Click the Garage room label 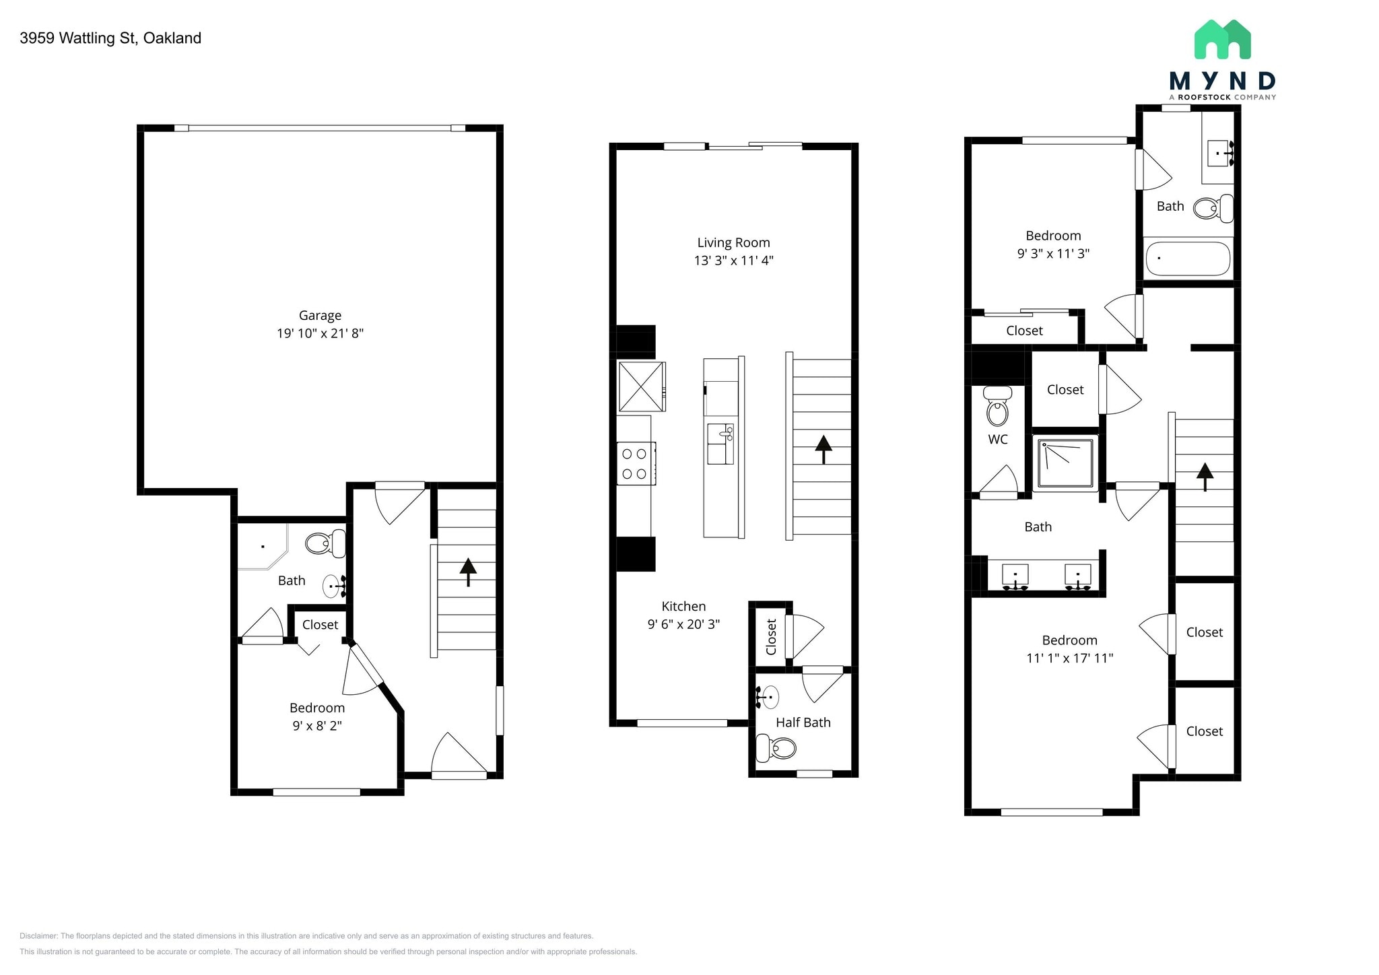pyautogui.click(x=320, y=315)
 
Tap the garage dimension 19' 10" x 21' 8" pyautogui.click(x=320, y=333)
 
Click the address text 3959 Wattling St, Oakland pyautogui.click(x=110, y=38)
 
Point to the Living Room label pyautogui.click(x=733, y=242)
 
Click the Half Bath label pyautogui.click(x=803, y=722)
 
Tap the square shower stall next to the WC pyautogui.click(x=1065, y=463)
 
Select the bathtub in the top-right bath pyautogui.click(x=1188, y=259)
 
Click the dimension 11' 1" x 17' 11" pyautogui.click(x=1069, y=659)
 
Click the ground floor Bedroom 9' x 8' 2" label pyautogui.click(x=317, y=708)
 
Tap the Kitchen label pyautogui.click(x=683, y=606)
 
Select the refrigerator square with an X pyautogui.click(x=641, y=386)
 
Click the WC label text pyautogui.click(x=998, y=440)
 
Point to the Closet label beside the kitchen pyautogui.click(x=772, y=636)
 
